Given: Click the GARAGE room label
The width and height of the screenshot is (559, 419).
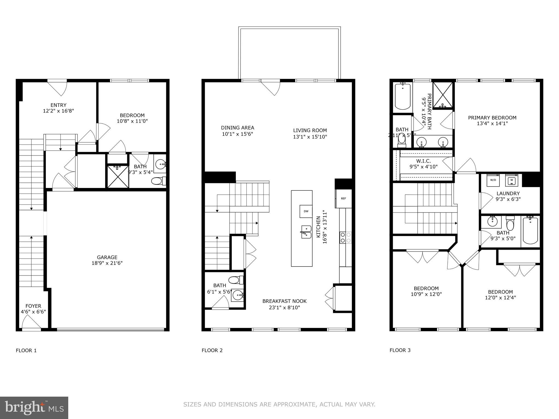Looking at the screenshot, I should [107, 257].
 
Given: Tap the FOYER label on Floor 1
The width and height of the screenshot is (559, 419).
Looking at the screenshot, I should [33, 306].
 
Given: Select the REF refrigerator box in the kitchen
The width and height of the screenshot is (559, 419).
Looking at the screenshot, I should [343, 199].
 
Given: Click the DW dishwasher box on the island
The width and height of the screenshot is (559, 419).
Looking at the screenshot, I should [306, 211].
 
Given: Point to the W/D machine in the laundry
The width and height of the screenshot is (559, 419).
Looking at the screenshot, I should [493, 180].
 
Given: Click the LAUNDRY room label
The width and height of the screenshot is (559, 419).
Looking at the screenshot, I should [508, 193].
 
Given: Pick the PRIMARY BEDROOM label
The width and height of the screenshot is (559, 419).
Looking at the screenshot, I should [492, 118].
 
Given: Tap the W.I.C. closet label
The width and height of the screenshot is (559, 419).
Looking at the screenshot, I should [423, 161].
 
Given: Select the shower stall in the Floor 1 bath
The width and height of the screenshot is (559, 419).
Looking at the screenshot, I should [118, 176].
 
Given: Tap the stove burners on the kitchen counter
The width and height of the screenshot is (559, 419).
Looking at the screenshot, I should [345, 238].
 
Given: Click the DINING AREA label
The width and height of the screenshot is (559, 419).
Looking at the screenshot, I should [237, 128].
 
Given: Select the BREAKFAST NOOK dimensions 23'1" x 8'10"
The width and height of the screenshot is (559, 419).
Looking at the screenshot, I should [284, 308].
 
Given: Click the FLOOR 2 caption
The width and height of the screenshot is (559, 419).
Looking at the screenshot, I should [212, 351].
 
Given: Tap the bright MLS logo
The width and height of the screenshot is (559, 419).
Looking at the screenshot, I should [34, 408].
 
